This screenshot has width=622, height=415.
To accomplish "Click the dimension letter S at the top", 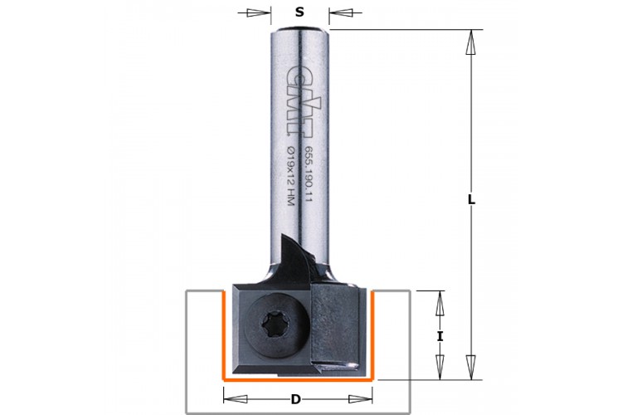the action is point(299,12).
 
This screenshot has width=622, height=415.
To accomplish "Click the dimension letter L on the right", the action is point(471,200).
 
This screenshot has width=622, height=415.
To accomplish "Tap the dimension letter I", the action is point(440,337).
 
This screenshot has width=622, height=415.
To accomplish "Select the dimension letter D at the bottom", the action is point(295,399).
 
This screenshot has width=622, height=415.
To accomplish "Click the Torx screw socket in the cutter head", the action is point(272,325).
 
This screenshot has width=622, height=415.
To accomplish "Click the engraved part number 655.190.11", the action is point(308,173).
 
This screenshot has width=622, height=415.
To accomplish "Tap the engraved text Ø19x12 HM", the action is point(290,176).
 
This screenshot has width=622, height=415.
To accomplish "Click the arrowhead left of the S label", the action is point(259,12).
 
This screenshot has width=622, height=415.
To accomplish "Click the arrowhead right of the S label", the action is point(340,12).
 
